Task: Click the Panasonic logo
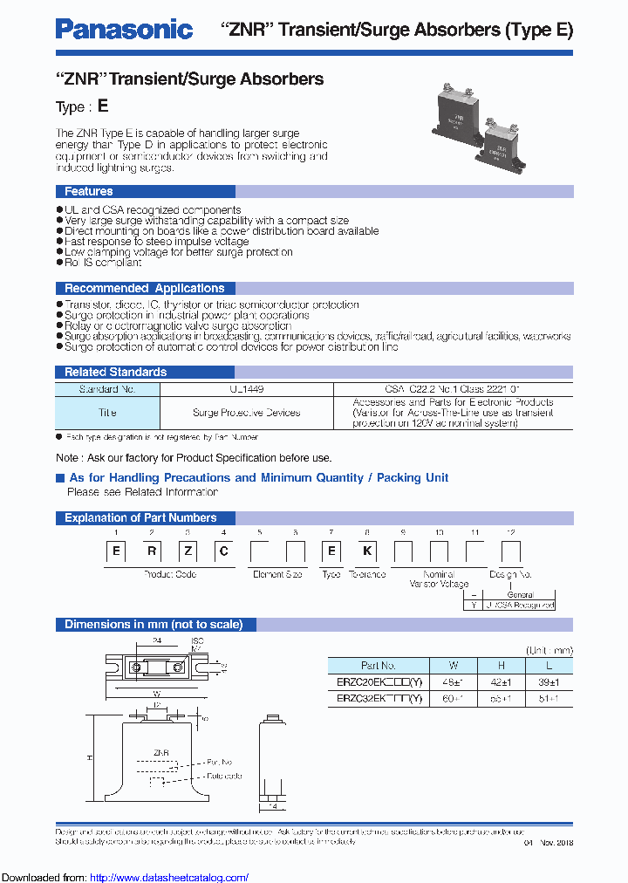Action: (124, 30)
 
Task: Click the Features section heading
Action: (88, 191)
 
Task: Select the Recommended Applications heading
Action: (145, 288)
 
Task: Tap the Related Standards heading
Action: (115, 373)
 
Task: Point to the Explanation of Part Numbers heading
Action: (140, 517)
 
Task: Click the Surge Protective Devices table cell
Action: (246, 413)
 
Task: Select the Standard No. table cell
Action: (107, 389)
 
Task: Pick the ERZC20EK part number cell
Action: (378, 682)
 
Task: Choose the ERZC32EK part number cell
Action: (378, 698)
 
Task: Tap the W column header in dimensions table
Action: (454, 666)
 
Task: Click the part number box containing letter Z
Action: (188, 551)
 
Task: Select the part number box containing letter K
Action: (366, 551)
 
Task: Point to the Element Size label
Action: (277, 574)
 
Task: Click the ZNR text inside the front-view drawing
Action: (161, 751)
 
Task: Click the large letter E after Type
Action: (103, 106)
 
